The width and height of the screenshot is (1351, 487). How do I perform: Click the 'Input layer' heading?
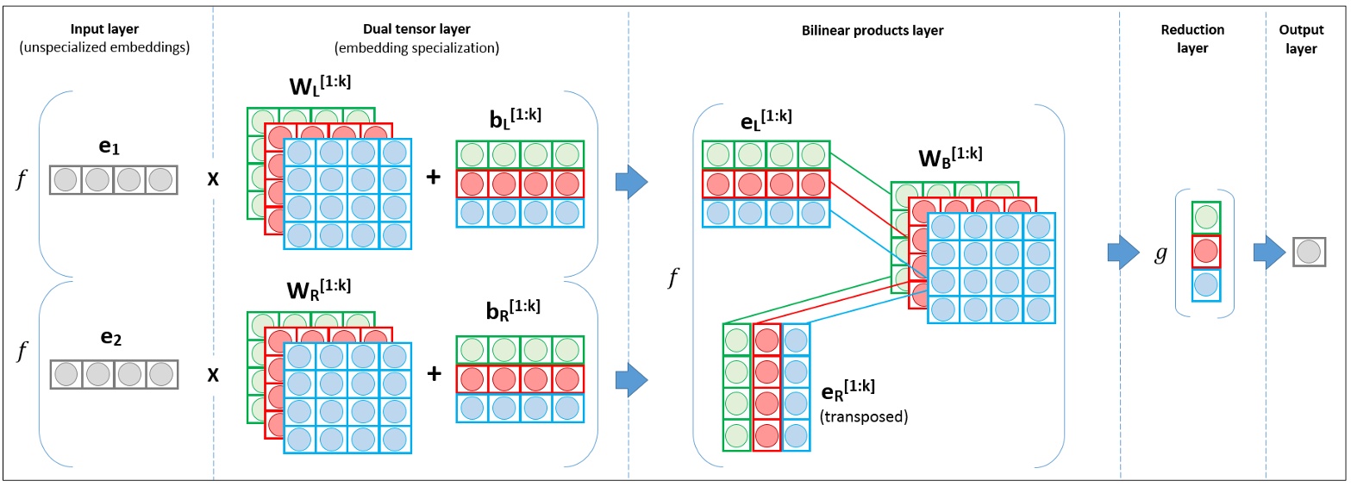click(106, 31)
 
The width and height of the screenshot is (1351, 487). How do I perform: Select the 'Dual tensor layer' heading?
click(422, 31)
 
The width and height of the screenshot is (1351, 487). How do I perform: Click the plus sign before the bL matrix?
click(434, 178)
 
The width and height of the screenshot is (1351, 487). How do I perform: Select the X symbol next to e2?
click(213, 376)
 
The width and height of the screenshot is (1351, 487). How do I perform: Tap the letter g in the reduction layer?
click(1162, 253)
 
